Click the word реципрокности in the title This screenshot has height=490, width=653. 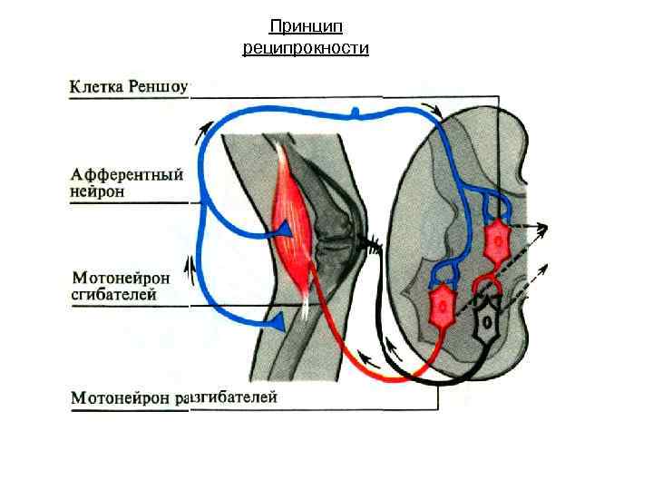(306, 47)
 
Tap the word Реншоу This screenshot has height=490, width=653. (161, 87)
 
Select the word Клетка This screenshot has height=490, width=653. (97, 87)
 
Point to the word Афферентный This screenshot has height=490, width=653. (128, 174)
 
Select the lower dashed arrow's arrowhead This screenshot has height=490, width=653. (543, 267)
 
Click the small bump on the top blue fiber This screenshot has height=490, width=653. (356, 113)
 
